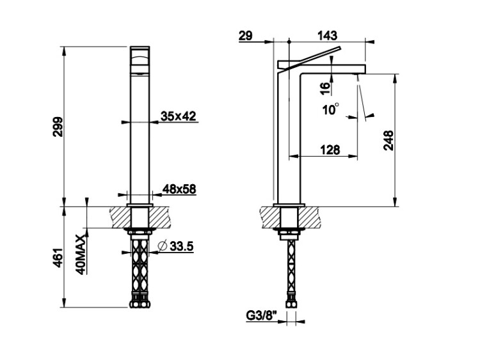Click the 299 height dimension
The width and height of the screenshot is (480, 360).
click(x=58, y=127)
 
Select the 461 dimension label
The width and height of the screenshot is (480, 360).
click(x=58, y=258)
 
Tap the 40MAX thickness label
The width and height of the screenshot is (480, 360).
click(x=81, y=254)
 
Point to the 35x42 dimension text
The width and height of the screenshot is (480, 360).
click(x=179, y=116)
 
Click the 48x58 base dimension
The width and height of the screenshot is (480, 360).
click(x=179, y=189)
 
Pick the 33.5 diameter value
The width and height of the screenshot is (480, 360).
click(x=182, y=246)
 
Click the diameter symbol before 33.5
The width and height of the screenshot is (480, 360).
click(x=162, y=246)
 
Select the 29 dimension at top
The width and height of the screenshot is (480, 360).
click(x=246, y=36)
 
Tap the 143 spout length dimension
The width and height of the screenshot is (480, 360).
click(x=327, y=36)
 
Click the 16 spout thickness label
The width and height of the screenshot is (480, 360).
click(x=326, y=88)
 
